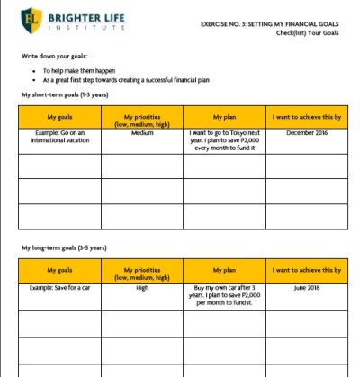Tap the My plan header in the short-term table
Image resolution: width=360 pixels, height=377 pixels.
click(x=222, y=117)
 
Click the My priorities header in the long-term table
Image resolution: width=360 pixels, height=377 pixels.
click(x=141, y=274)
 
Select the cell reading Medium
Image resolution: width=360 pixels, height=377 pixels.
click(x=141, y=133)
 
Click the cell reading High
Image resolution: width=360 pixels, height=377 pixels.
click(x=141, y=289)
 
